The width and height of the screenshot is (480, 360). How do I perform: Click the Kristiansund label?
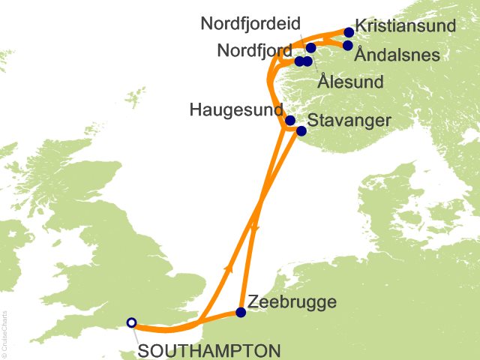(406, 25)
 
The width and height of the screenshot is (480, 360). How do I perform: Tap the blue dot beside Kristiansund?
(349, 32)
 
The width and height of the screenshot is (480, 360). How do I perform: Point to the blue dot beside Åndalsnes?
(348, 46)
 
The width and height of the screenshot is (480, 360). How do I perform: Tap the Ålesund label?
(350, 81)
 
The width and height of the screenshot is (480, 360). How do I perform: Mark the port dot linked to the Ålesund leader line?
(307, 61)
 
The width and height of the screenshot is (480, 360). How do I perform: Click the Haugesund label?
(236, 111)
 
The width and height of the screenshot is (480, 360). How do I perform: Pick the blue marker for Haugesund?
(290, 120)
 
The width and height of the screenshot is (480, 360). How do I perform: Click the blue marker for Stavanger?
(301, 131)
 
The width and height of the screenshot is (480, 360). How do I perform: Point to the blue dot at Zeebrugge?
(241, 313)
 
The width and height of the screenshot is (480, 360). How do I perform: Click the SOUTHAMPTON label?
(209, 350)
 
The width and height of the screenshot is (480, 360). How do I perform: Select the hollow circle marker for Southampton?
(132, 323)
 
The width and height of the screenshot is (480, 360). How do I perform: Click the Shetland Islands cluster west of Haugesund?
(136, 97)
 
